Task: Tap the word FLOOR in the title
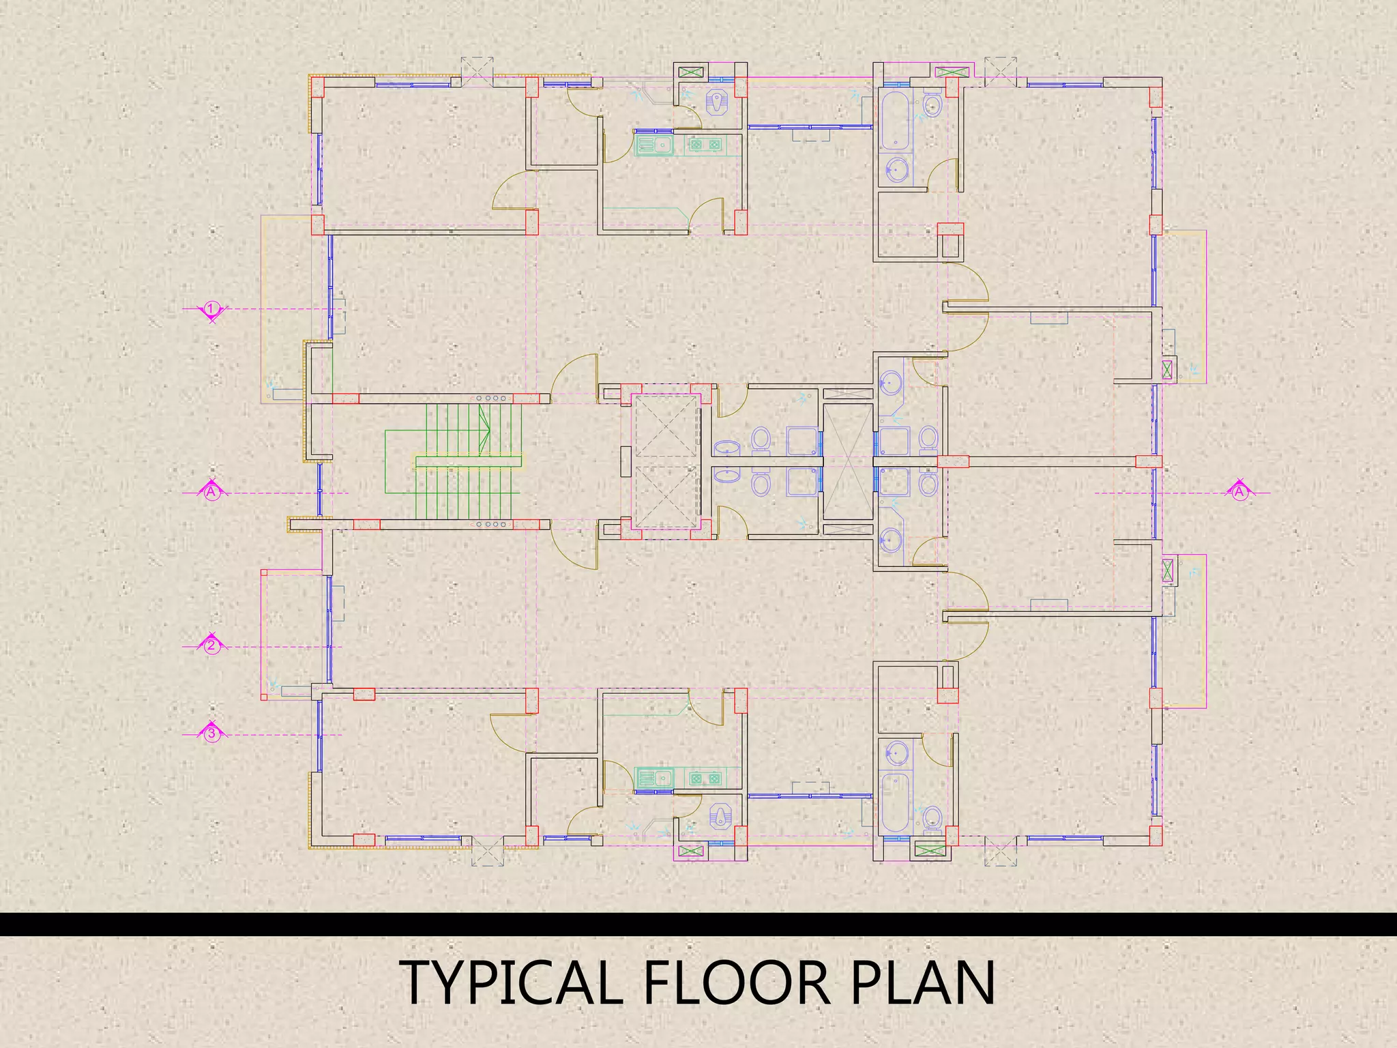coord(737,983)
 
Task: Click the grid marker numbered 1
coord(212,309)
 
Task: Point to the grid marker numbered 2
coord(212,645)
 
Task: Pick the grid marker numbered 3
coord(212,734)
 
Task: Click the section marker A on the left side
coord(212,491)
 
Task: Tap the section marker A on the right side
coord(1239,491)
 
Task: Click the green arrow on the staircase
coord(485,429)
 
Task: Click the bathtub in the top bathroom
coord(894,121)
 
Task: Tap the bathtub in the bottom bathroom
coord(894,803)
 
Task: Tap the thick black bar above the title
coord(698,924)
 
